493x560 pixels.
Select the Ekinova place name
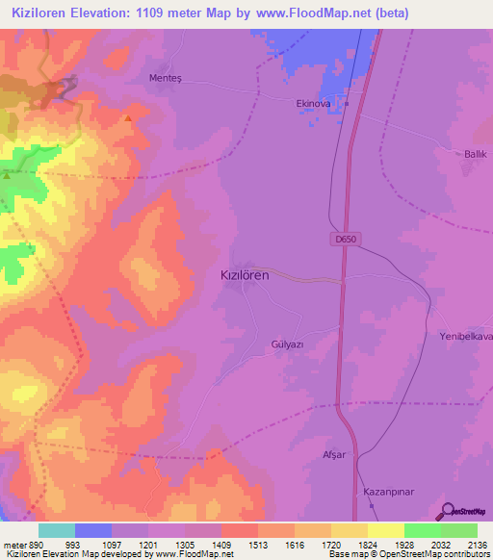pyautogui.click(x=314, y=103)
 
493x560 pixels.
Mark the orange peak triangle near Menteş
pyautogui.click(x=128, y=119)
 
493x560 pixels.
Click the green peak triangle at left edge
pyautogui.click(x=6, y=176)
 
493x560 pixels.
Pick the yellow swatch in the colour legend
pyautogui.click(x=385, y=530)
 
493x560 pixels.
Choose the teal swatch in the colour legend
pyautogui.click(x=56, y=530)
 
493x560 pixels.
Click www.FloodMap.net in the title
pyautogui.click(x=296, y=13)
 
